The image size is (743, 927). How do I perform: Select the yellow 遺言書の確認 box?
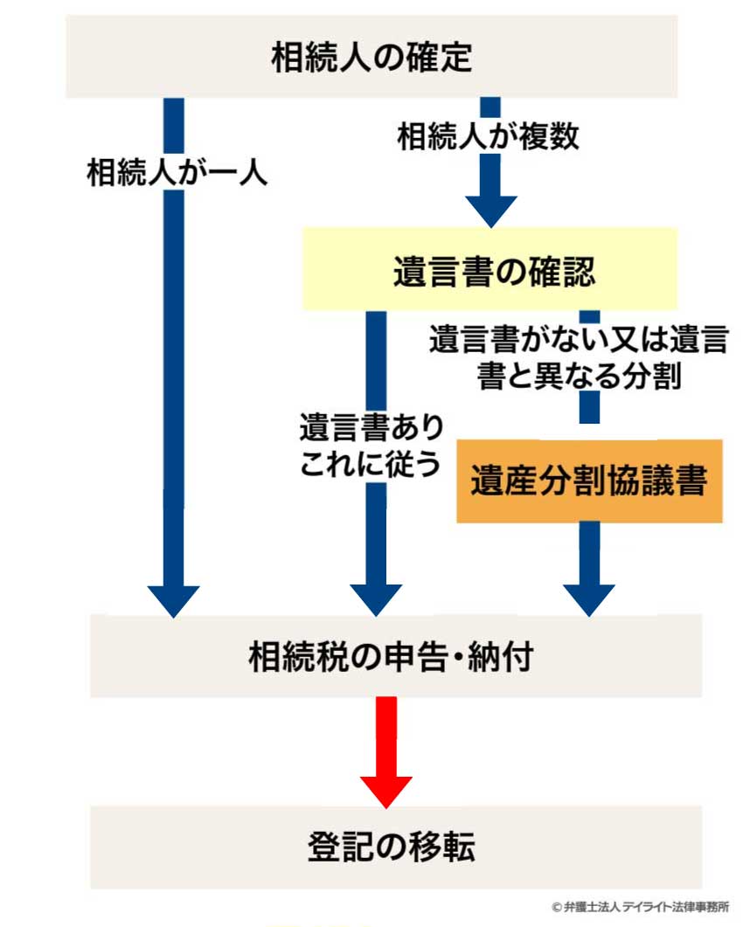(x=490, y=269)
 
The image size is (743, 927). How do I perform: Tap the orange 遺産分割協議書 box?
(x=589, y=481)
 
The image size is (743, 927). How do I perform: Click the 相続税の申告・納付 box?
(x=395, y=656)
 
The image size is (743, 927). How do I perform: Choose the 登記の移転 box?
(x=395, y=847)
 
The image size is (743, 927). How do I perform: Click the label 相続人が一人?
(x=176, y=171)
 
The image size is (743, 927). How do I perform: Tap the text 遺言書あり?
(x=371, y=428)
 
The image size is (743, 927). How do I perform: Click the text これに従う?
(x=370, y=465)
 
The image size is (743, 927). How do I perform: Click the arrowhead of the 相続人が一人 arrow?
(x=174, y=598)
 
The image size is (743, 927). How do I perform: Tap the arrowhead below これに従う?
(x=376, y=598)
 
